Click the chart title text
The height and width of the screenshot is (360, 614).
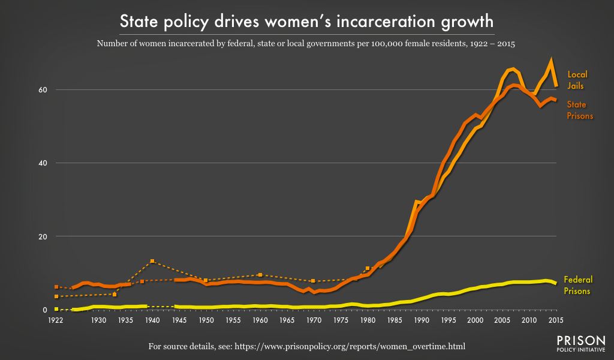pos(306,22)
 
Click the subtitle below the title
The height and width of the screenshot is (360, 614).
pos(306,44)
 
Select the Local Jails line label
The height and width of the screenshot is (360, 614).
pos(577,80)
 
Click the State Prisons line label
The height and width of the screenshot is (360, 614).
pos(580,110)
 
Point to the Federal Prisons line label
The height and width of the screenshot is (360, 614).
pos(577,285)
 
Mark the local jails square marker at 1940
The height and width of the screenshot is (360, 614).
pos(152,261)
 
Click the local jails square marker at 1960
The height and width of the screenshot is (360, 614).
pos(260,275)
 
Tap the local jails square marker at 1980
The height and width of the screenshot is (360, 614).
pos(367,268)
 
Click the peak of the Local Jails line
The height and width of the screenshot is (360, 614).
pos(551,60)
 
